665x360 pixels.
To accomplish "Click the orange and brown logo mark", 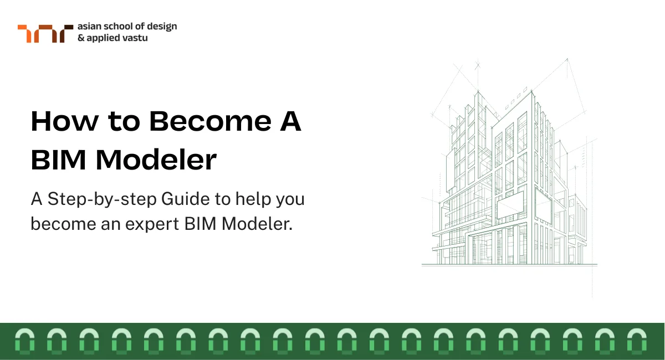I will pyautogui.click(x=44, y=33).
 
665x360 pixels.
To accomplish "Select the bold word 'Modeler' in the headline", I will pyautogui.click(x=156, y=161).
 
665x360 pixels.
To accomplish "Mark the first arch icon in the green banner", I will pyautogui.click(x=24, y=341).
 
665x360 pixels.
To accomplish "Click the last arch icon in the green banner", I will pyautogui.click(x=637, y=341).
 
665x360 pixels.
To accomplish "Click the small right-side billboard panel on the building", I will pyautogui.click(x=544, y=205).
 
